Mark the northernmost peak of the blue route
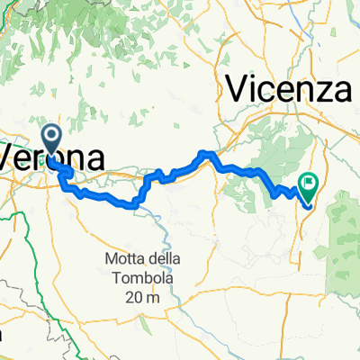point(206,153)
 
